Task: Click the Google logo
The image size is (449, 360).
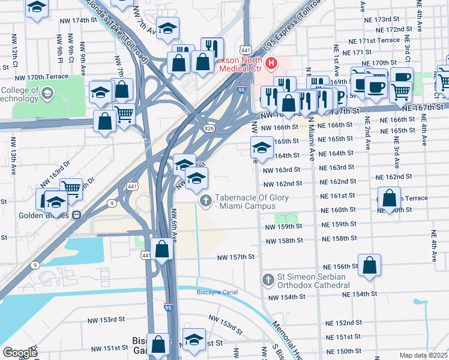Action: pyautogui.click(x=19, y=353)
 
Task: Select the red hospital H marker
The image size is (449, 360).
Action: pyautogui.click(x=272, y=62)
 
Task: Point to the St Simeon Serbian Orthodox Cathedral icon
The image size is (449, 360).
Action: pyautogui.click(x=268, y=280)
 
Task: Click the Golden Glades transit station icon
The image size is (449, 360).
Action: pyautogui.click(x=76, y=215)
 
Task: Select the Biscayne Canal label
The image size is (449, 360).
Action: pyautogui.click(x=217, y=292)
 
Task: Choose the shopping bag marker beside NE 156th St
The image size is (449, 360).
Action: pyautogui.click(x=370, y=264)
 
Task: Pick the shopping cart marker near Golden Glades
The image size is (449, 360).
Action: pyautogui.click(x=71, y=188)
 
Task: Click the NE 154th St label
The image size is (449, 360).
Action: pyautogui.click(x=360, y=294)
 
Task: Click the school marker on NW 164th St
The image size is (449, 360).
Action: pyautogui.click(x=262, y=147)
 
